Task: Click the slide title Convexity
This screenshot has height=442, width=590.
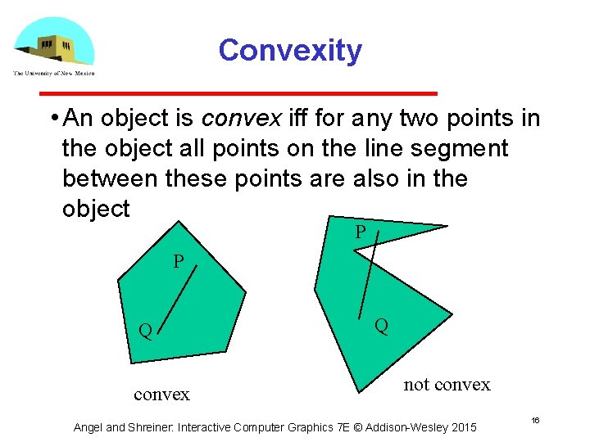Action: pyautogui.click(x=290, y=51)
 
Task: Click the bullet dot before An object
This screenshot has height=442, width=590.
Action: pyautogui.click(x=52, y=120)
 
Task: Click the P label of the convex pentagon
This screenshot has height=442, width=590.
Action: pyautogui.click(x=179, y=263)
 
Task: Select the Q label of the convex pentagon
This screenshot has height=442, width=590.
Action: pyautogui.click(x=145, y=331)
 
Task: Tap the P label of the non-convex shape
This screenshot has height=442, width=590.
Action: pyautogui.click(x=361, y=233)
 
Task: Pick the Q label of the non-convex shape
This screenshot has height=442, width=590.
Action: pyautogui.click(x=382, y=326)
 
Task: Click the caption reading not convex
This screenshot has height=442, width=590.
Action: pyautogui.click(x=447, y=385)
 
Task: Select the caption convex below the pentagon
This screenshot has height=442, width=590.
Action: pyautogui.click(x=161, y=395)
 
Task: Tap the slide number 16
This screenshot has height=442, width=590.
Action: pyautogui.click(x=535, y=420)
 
